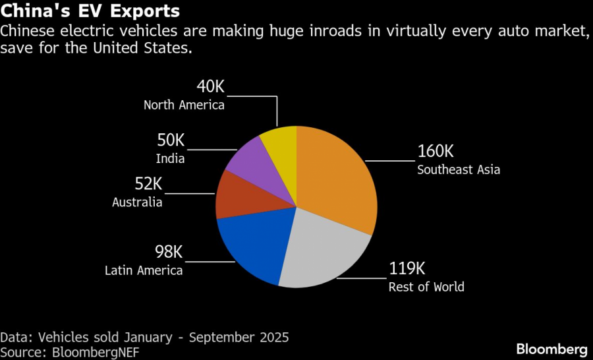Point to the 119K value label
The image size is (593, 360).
point(407,268)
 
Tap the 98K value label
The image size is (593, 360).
point(168,251)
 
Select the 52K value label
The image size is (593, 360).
point(148,183)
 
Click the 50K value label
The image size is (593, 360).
point(170,140)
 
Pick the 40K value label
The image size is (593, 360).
point(210,86)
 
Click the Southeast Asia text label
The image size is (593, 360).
point(459,169)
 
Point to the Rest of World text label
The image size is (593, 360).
point(426,287)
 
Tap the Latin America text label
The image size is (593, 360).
point(144,270)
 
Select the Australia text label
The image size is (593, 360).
point(137,202)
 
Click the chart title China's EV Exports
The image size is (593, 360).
point(90,12)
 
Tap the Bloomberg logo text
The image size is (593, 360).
point(551,348)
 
